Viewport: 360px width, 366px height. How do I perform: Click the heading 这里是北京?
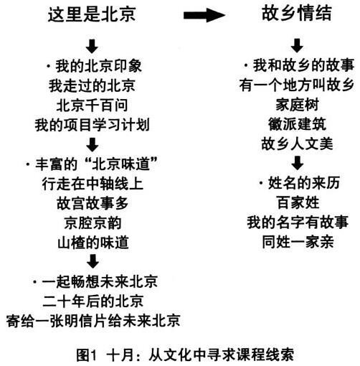92,14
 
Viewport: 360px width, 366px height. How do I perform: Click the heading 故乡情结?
297,14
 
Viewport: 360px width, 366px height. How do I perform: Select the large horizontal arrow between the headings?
204,15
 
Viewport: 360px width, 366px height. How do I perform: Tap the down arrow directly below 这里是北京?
92,46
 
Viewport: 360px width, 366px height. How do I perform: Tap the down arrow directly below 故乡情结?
297,46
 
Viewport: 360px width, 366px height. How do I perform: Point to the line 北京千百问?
92,105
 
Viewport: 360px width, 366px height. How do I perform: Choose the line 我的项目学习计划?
93,125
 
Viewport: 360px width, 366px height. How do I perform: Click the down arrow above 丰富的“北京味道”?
93,144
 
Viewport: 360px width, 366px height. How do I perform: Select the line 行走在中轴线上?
93,184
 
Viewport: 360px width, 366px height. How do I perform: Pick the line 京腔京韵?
93,223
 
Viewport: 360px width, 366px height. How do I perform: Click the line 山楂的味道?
93,243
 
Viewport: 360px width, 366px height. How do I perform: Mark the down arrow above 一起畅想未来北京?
93,261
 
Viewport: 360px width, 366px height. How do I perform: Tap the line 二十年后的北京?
93,301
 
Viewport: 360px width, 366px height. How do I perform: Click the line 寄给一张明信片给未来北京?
93,321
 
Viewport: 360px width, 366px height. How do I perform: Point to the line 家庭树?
297,105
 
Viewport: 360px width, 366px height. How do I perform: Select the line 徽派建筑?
297,124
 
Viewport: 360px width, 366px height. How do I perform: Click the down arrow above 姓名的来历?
298,163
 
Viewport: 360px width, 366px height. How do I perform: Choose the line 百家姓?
298,202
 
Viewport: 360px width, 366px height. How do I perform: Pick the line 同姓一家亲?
298,242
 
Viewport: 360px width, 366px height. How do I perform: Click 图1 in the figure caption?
87,355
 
